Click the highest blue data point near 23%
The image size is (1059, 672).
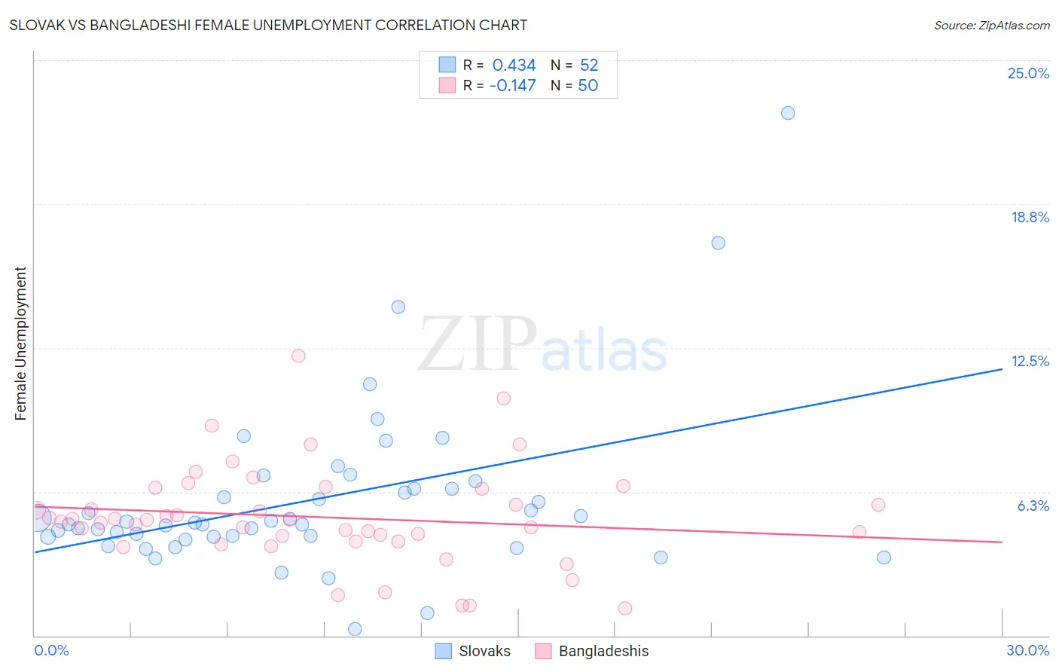(x=788, y=113)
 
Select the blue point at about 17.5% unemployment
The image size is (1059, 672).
(x=718, y=243)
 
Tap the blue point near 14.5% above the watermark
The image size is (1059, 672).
(x=398, y=307)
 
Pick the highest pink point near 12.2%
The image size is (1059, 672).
(x=298, y=356)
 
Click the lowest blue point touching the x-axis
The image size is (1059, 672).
(x=355, y=628)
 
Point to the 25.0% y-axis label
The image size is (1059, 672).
(x=1028, y=73)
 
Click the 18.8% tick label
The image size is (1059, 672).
(x=1030, y=217)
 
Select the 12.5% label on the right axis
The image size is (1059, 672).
(x=1030, y=361)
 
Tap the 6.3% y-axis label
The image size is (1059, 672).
(x=1033, y=506)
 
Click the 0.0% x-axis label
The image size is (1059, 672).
(x=51, y=650)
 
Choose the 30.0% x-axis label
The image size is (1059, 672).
(x=1027, y=650)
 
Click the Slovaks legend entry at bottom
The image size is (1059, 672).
(x=474, y=651)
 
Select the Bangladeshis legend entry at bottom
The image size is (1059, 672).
(x=592, y=651)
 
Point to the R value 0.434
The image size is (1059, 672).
(x=514, y=66)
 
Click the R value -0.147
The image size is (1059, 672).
(x=512, y=85)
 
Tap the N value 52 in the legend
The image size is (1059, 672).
(x=589, y=66)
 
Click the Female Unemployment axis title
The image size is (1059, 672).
(x=20, y=344)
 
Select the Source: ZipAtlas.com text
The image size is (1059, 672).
(x=991, y=25)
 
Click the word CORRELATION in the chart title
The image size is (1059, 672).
(x=425, y=25)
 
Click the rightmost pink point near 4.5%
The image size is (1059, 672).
(x=859, y=532)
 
